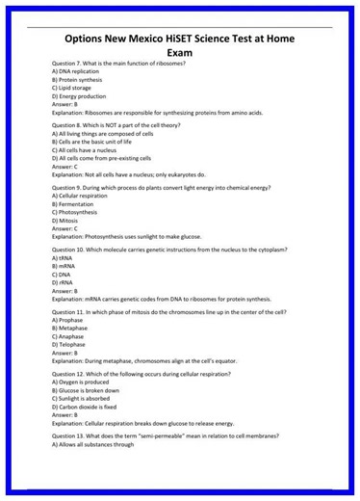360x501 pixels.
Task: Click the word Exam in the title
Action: click(180, 54)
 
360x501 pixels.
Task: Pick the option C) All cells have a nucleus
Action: click(89, 150)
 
